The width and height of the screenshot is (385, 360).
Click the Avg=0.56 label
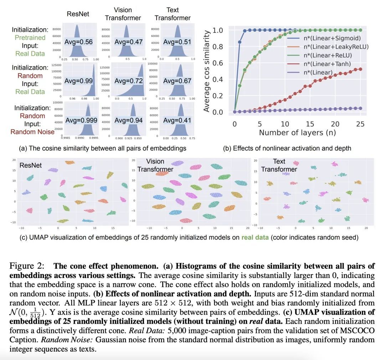point(78,42)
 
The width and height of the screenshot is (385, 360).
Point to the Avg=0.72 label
point(128,81)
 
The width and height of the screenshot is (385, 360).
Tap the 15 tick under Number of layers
point(310,124)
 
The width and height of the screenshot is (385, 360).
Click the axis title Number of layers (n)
point(297,133)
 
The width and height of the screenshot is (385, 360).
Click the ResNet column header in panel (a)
point(78,14)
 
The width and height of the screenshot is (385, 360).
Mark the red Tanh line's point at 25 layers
point(360,69)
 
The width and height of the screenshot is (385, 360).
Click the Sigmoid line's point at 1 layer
point(240,42)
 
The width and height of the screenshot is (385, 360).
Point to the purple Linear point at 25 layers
point(360,108)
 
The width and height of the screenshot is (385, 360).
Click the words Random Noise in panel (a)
point(32,132)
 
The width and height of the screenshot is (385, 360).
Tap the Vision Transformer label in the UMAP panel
point(155,165)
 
